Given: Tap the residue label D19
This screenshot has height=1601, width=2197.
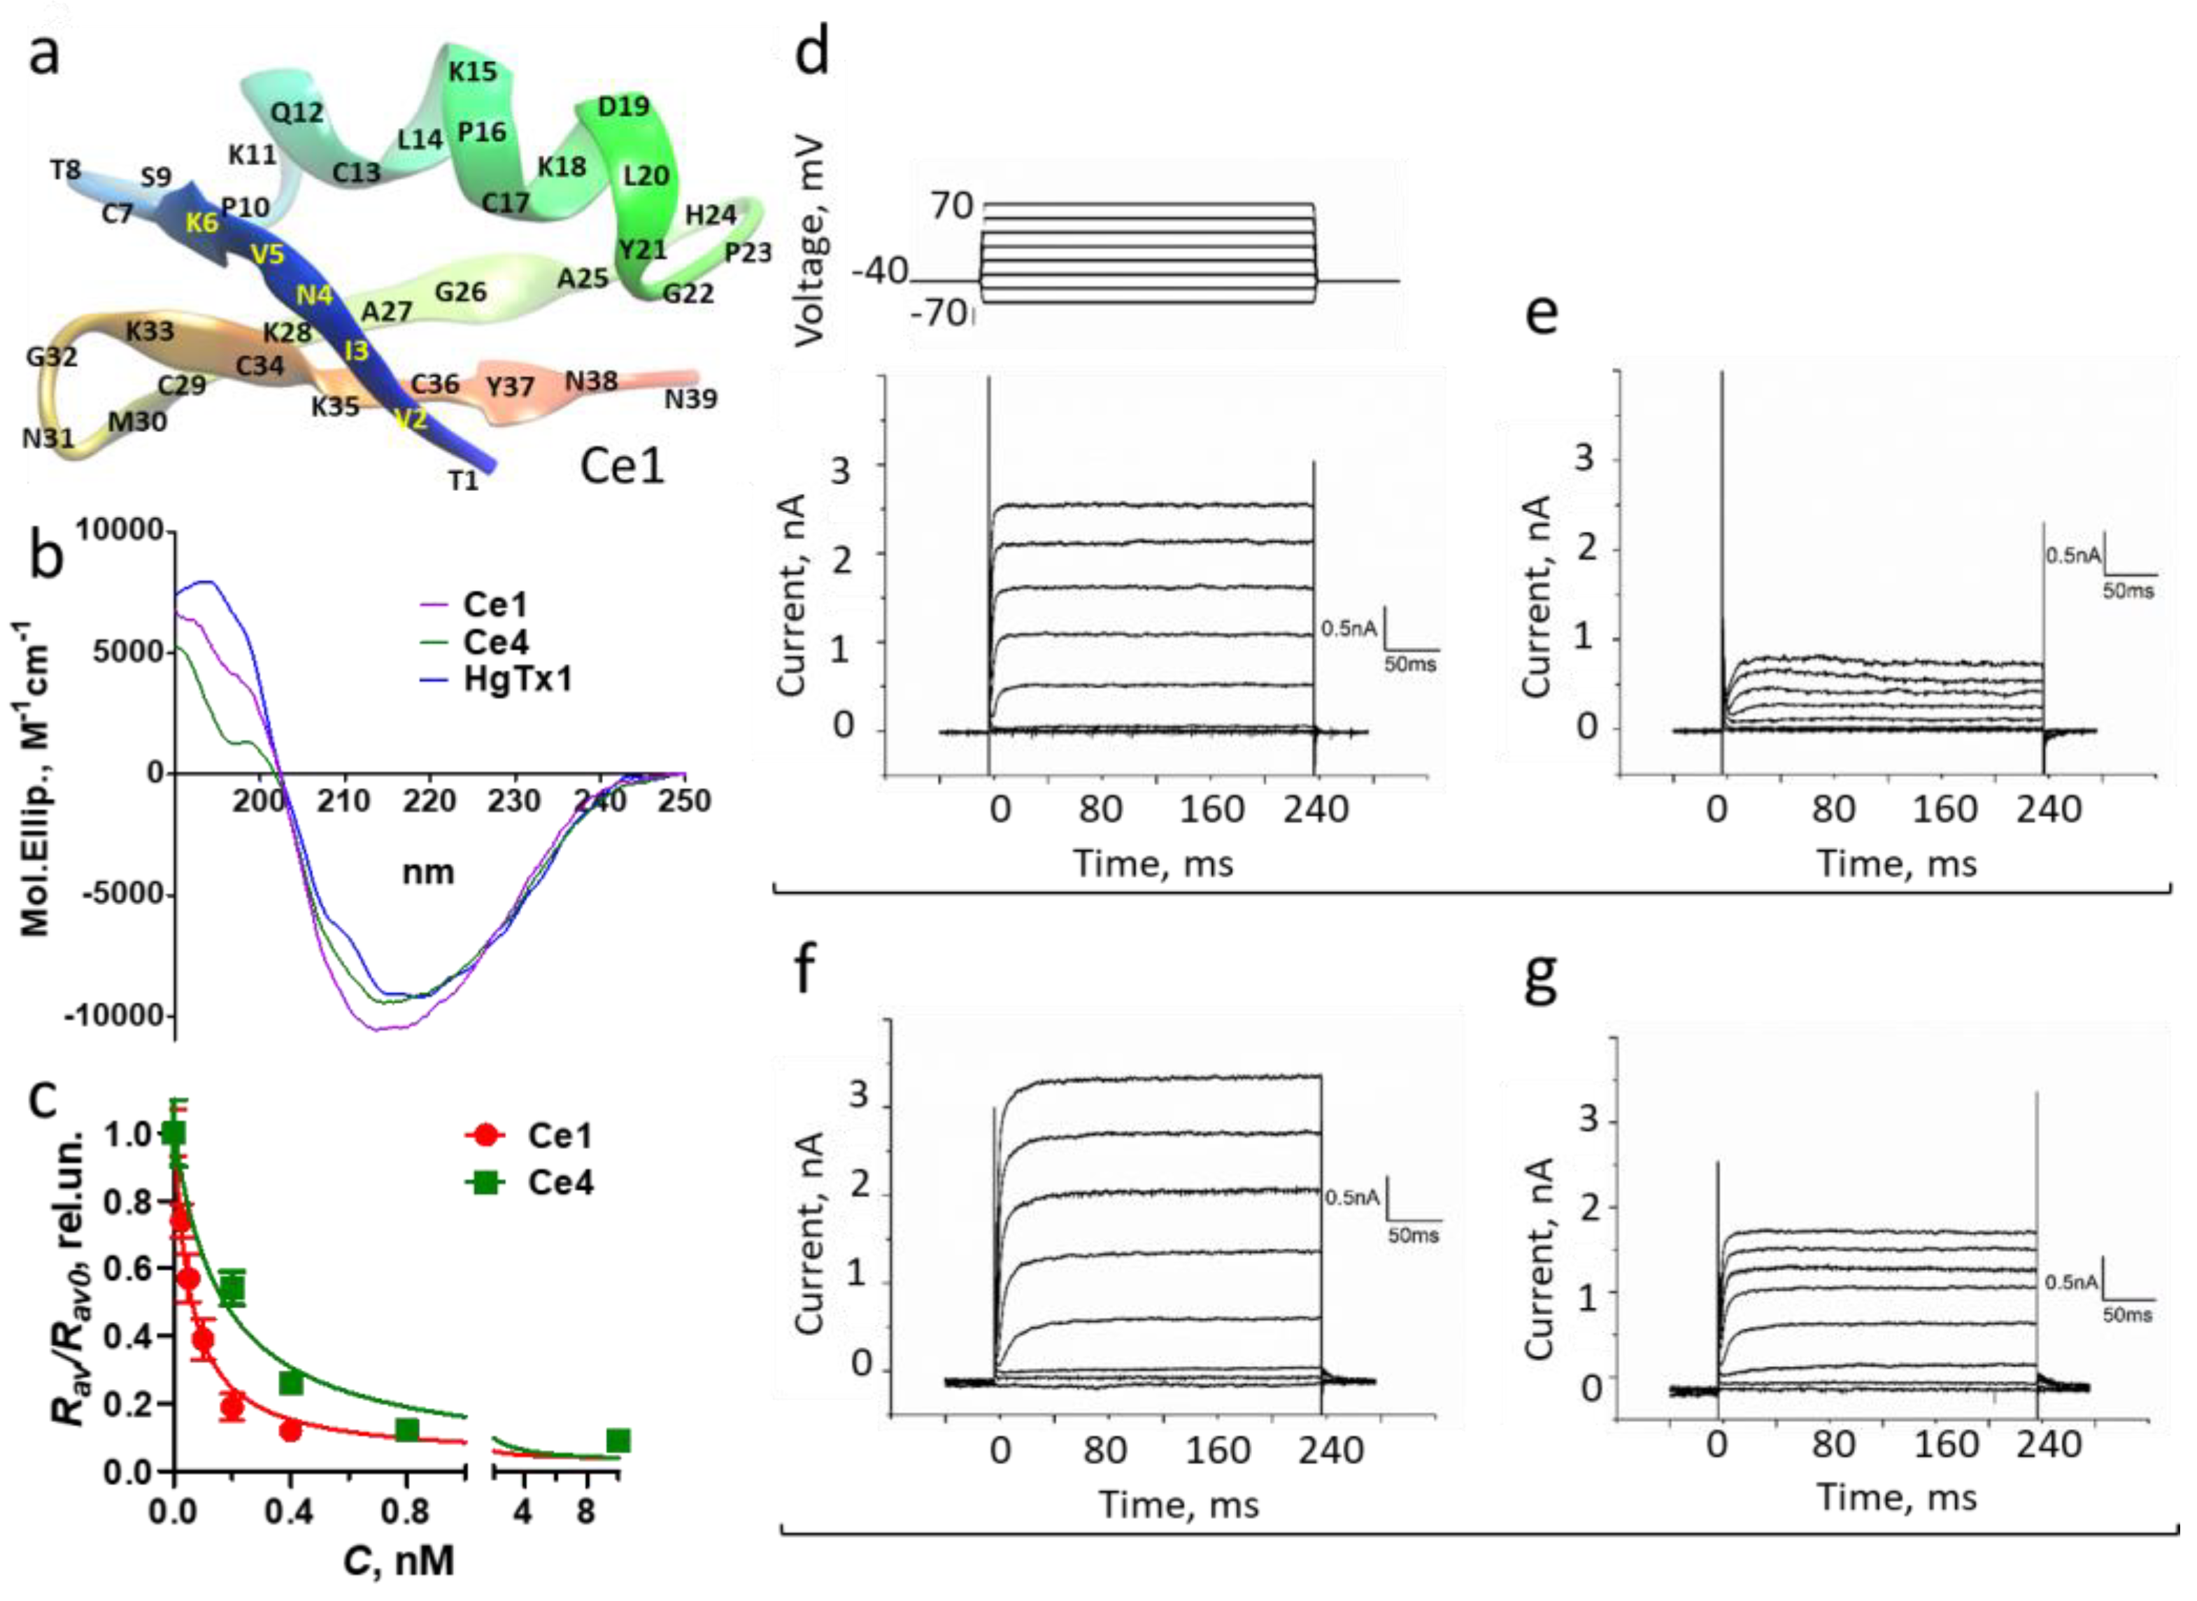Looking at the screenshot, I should (x=623, y=106).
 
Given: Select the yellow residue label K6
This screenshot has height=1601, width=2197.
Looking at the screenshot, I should (x=201, y=223).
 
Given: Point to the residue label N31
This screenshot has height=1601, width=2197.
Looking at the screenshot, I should (x=48, y=439).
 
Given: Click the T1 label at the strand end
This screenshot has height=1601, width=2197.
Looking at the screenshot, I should (x=463, y=481).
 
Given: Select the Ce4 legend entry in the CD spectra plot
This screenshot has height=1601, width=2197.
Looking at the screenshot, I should (x=495, y=643).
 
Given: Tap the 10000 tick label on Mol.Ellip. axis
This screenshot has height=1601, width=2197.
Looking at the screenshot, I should (x=119, y=531).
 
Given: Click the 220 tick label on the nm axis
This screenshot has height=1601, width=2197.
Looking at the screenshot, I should (x=429, y=802).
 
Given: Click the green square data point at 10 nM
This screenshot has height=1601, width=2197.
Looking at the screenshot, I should (x=618, y=1441).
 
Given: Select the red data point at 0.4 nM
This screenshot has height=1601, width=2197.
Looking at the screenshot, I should (x=290, y=1430).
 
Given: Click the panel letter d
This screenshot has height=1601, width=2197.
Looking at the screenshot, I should (x=812, y=50).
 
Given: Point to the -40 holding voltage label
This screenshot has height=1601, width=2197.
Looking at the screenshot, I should (x=879, y=271).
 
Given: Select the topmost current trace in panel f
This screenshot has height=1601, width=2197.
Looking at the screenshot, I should (x=1163, y=1079).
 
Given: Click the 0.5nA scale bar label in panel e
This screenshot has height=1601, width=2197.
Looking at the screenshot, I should (x=2073, y=555).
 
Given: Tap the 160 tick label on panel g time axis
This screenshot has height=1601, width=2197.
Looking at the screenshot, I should (x=1946, y=1445).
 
